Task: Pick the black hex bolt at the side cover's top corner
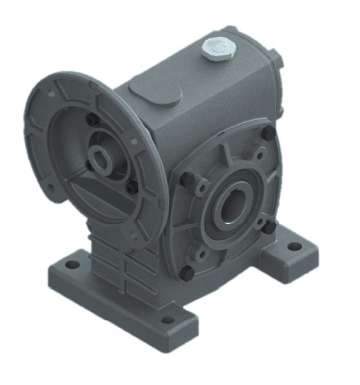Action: (x=267, y=133)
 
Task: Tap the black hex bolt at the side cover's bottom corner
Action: (x=187, y=272)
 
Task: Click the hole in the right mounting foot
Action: (x=293, y=247)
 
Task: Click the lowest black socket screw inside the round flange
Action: (x=132, y=188)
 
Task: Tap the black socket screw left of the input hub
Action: (x=89, y=166)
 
